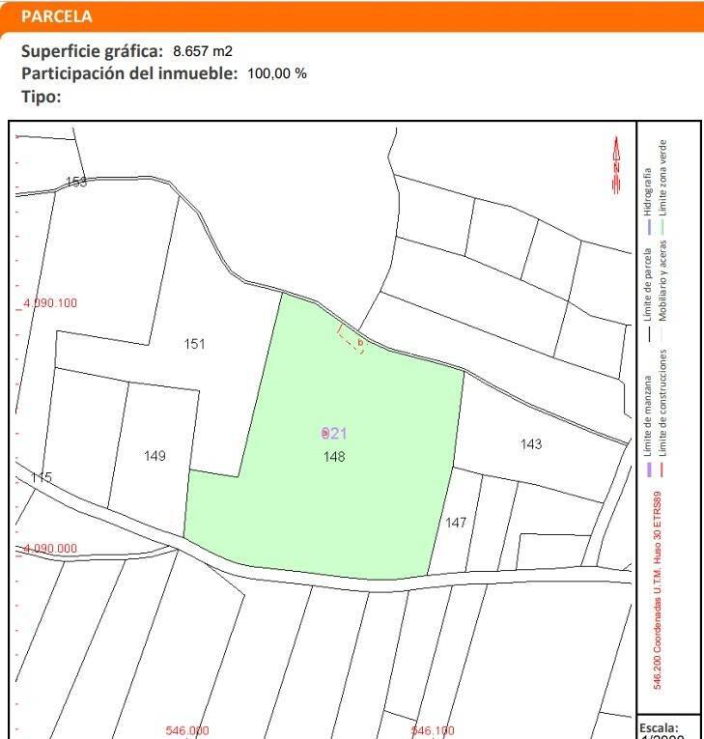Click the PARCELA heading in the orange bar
point(56,16)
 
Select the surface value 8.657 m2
point(203,50)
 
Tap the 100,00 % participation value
point(277,74)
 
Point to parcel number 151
point(194,344)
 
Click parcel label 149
point(155,456)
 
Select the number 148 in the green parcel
point(334,456)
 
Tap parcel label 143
point(530,444)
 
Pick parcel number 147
point(456,523)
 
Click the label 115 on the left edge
point(41,478)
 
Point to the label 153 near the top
point(75,182)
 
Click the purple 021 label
point(333,434)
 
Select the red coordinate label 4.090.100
point(50,303)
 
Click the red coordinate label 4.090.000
point(50,549)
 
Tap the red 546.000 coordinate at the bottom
point(187,731)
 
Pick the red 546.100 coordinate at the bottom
point(433,731)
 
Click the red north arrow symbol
point(616,165)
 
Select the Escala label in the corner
point(660,727)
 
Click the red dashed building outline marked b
point(350,340)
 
